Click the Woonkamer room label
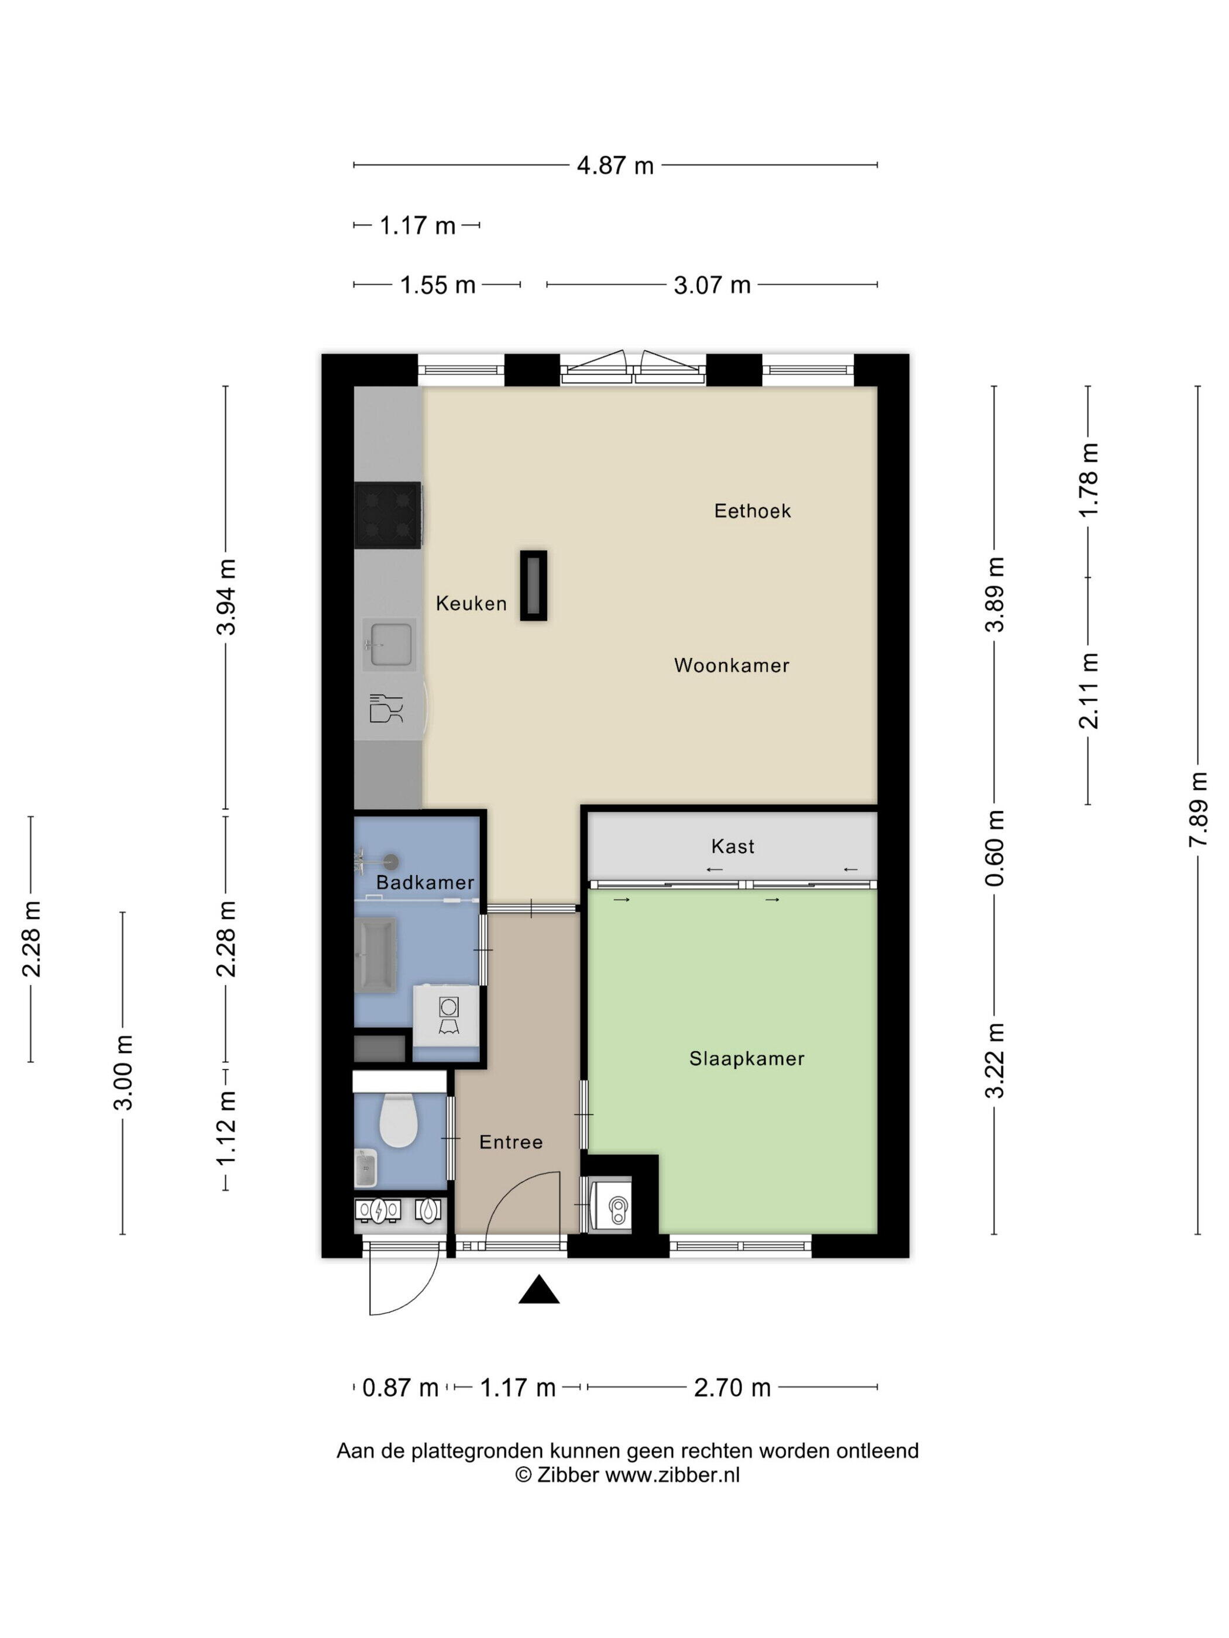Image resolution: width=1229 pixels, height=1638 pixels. pos(731,665)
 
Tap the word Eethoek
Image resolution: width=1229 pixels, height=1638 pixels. pos(752,511)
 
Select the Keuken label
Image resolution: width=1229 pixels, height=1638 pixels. pos(471,604)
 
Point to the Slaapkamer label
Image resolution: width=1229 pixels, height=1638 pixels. pos(747,1058)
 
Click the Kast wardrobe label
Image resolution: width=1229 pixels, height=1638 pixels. pos(733,846)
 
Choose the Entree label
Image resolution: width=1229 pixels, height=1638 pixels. pos(511,1142)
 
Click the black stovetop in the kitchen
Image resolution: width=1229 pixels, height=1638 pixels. pos(387,515)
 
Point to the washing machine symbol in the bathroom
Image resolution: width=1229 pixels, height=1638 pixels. pos(449,1015)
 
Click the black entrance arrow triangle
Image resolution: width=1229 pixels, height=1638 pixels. pos(538,1289)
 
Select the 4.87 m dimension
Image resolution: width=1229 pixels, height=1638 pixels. pos(615,165)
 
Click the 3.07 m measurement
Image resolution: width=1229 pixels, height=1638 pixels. pos(712,285)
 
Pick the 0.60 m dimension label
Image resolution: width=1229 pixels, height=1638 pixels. pos(995,848)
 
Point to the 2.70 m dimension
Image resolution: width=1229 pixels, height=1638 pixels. pos(732,1388)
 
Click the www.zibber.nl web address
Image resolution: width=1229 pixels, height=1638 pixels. pos(672,1474)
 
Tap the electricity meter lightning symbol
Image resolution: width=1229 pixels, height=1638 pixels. pos(379,1211)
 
